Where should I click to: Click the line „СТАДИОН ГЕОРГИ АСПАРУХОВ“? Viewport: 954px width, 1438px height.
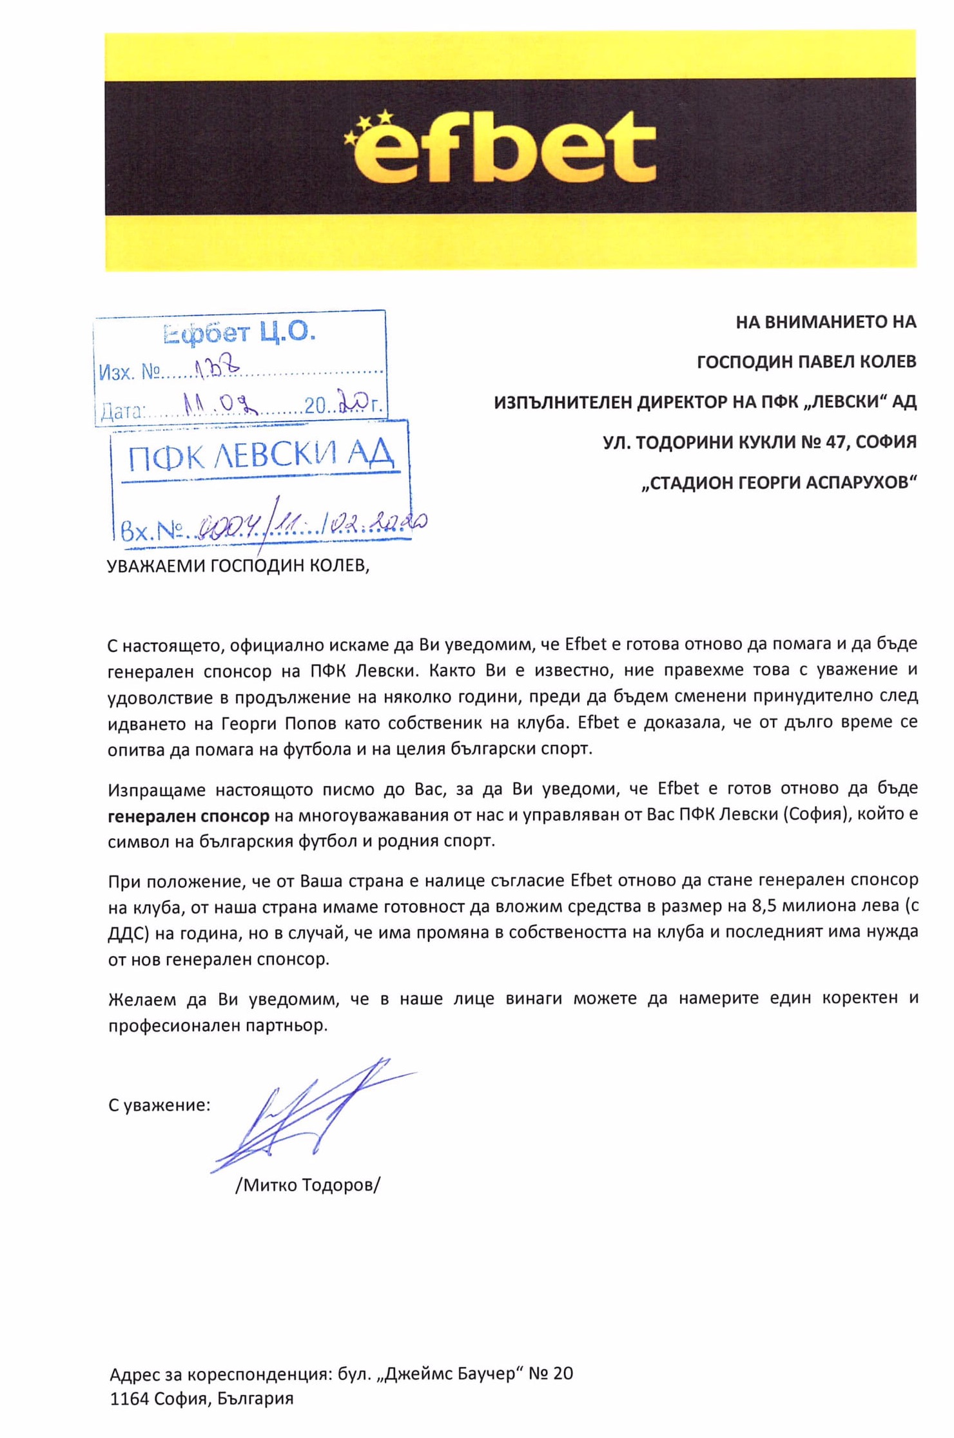pos(779,482)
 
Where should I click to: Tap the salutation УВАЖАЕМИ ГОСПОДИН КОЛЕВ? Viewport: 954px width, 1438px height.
pos(238,565)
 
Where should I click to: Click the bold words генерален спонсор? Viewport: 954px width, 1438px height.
pos(188,816)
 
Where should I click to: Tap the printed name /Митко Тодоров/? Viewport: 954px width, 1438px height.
pos(308,1184)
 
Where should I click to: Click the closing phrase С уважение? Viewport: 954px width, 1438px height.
pos(159,1105)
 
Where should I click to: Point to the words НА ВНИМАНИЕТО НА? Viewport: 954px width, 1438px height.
pos(826,321)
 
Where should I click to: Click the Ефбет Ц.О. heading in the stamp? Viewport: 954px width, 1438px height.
pos(239,333)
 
